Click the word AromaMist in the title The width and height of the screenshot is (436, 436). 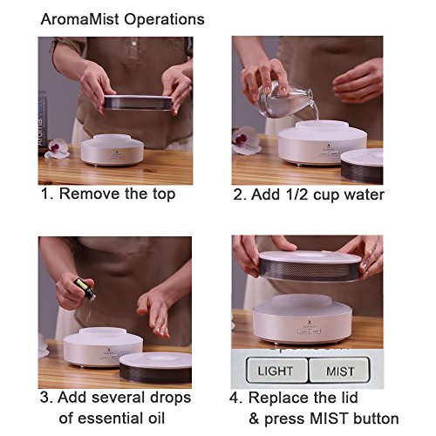click(x=80, y=19)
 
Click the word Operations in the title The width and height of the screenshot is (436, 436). click(x=164, y=20)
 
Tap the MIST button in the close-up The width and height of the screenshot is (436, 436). click(x=339, y=370)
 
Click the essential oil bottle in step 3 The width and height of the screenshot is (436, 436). click(x=85, y=290)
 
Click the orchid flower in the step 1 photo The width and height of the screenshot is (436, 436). click(x=58, y=148)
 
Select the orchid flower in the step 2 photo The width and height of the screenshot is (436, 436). click(x=245, y=140)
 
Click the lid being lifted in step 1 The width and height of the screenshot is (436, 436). click(x=138, y=103)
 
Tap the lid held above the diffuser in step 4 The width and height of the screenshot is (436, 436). click(x=310, y=266)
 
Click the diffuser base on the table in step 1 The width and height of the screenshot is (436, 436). click(x=112, y=150)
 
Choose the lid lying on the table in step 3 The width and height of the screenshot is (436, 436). click(x=155, y=368)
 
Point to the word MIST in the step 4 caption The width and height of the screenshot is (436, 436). click(x=329, y=419)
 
